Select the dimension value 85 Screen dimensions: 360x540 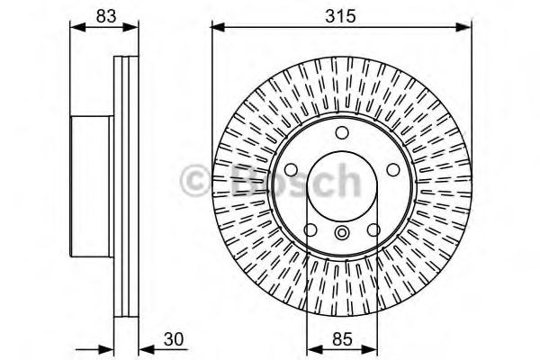[x=341, y=340]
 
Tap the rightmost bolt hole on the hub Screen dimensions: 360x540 [x=392, y=170]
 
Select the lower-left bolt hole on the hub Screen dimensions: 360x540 [x=310, y=230]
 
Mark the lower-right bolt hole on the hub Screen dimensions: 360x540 [x=373, y=230]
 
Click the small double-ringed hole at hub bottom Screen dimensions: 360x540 [x=342, y=234]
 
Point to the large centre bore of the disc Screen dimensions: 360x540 [x=342, y=189]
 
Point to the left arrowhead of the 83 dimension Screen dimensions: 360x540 [x=76, y=28]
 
